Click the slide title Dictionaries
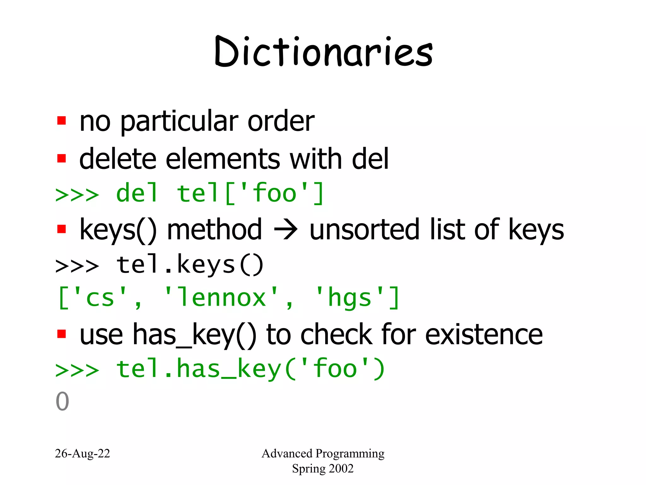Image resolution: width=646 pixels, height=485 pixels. click(x=324, y=52)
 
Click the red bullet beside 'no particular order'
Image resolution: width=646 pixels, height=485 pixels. click(x=62, y=121)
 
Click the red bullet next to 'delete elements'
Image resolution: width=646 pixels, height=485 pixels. click(x=62, y=158)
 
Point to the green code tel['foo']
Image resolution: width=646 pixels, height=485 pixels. click(x=250, y=193)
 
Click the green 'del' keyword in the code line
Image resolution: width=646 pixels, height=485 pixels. click(x=137, y=193)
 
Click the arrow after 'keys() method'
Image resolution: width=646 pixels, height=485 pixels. click(x=286, y=230)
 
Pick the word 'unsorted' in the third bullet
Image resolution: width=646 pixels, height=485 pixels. click(x=364, y=230)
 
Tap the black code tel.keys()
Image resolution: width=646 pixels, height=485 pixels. click(x=190, y=265)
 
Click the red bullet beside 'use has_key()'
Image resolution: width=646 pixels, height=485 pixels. click(x=62, y=334)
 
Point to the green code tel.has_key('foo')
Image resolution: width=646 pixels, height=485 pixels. click(x=250, y=369)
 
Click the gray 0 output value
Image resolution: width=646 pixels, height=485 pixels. click(x=62, y=401)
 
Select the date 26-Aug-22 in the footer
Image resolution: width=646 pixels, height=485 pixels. click(x=82, y=453)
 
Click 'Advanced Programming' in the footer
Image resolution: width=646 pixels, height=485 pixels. click(x=323, y=453)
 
